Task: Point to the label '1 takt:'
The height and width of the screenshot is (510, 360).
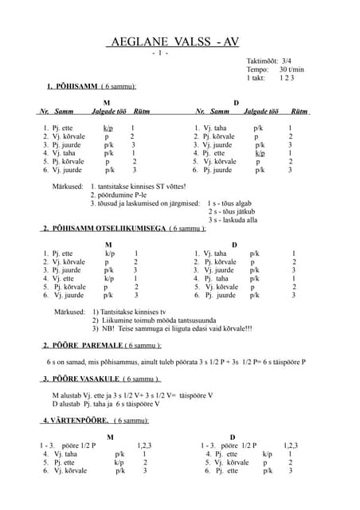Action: [256, 78]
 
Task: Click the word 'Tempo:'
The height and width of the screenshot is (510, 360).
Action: [258, 69]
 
